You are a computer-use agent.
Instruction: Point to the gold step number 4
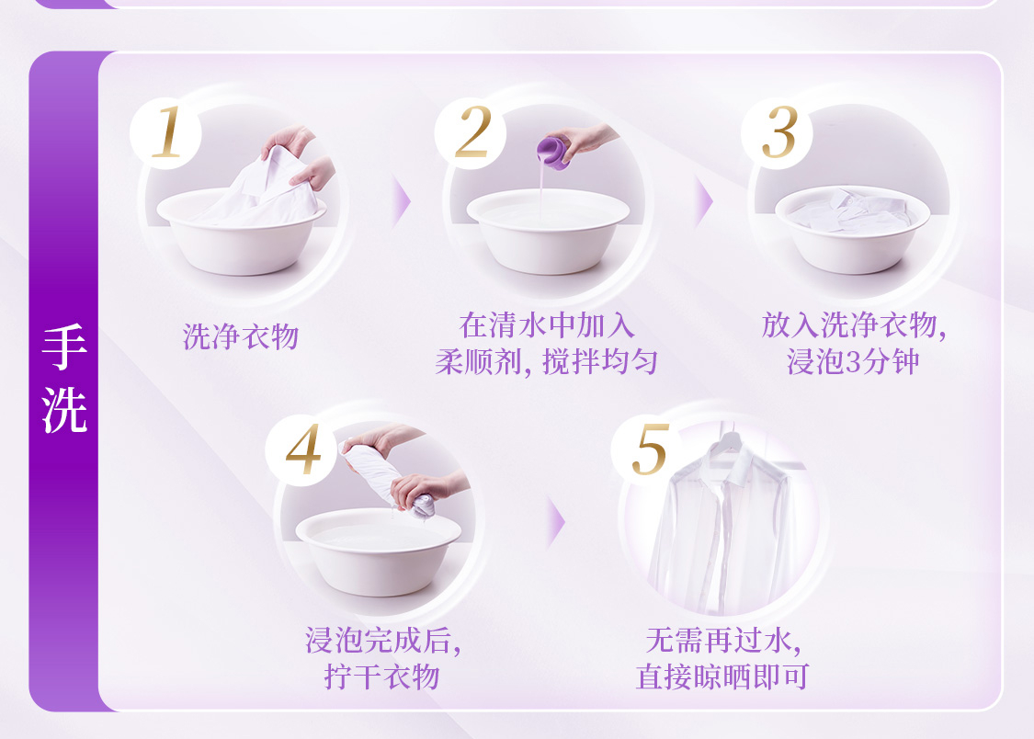(x=303, y=449)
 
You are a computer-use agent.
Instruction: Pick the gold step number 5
(x=651, y=449)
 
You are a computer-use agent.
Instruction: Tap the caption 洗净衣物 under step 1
(x=241, y=336)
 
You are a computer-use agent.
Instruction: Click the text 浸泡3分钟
(x=853, y=361)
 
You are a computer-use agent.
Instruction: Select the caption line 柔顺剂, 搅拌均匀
(x=547, y=361)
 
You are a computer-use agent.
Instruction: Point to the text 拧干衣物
(x=381, y=676)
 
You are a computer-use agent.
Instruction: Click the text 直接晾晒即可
(x=722, y=676)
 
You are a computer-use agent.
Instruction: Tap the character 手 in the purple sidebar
(x=64, y=347)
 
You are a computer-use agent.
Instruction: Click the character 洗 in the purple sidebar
(x=64, y=410)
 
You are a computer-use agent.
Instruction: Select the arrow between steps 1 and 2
(x=401, y=201)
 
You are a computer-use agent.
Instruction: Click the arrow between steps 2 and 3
(x=704, y=201)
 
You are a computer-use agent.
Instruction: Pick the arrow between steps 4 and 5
(x=556, y=523)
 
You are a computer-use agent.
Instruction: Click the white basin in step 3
(x=852, y=231)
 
